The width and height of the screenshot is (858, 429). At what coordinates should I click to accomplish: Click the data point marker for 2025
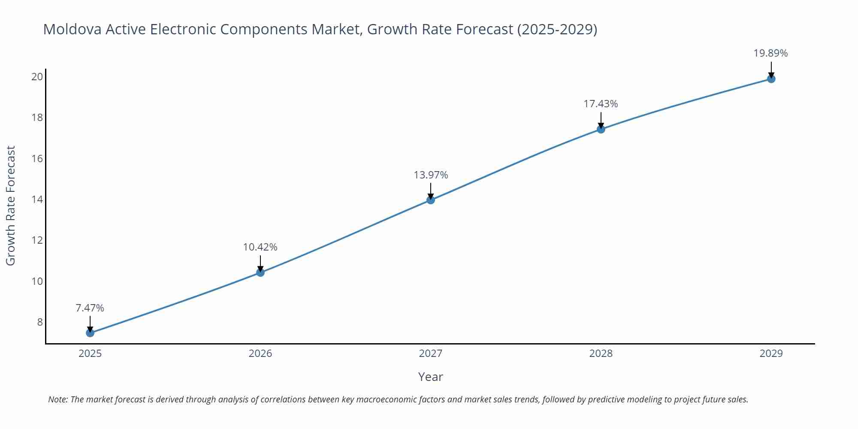[90, 333]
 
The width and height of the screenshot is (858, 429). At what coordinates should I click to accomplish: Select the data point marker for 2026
[260, 272]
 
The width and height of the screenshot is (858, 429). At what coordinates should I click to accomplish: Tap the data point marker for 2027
[431, 200]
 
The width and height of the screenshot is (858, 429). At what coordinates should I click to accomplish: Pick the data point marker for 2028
[601, 129]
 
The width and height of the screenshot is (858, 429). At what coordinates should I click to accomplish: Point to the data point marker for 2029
[771, 79]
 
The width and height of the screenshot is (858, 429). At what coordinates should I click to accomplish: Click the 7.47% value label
[90, 308]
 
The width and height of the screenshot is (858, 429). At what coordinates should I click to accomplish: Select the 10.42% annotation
[260, 247]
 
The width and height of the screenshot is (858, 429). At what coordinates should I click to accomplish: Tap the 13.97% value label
[431, 175]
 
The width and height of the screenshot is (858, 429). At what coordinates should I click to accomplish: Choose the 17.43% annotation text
[601, 104]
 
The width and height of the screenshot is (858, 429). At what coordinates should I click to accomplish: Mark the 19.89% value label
[771, 53]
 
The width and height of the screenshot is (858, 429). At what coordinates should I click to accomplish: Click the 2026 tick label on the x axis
[260, 353]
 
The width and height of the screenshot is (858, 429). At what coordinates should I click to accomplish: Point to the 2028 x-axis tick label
[601, 353]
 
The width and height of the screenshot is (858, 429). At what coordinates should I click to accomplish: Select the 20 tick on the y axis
[37, 77]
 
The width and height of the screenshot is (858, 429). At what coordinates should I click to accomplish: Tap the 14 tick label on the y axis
[37, 199]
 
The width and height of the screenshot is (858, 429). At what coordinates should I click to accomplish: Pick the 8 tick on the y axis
[40, 322]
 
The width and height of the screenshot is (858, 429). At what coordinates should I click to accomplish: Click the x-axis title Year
[430, 377]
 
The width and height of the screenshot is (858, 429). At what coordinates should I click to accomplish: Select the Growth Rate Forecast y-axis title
[11, 205]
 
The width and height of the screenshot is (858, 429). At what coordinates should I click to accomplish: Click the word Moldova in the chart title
[72, 29]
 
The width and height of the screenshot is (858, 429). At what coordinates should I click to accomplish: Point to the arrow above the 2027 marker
[431, 190]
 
